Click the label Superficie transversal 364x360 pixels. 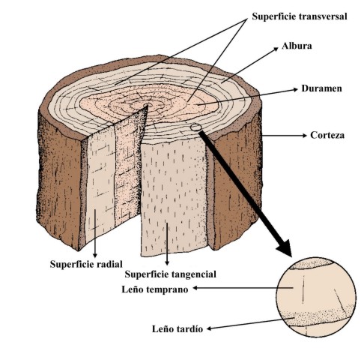[299, 16]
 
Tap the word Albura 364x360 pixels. [297, 46]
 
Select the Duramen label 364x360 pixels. [321, 88]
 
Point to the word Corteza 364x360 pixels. [327, 135]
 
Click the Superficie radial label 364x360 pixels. [86, 264]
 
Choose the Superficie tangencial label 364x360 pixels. [170, 274]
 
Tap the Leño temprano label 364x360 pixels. [155, 289]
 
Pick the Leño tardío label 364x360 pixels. [178, 328]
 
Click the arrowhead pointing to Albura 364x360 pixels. [276, 49]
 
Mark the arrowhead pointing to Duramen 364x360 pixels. [295, 89]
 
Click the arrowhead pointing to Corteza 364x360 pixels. [304, 136]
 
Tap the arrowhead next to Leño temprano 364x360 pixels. [195, 288]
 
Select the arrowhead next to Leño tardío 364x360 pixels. [210, 328]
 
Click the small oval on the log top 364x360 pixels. [196, 127]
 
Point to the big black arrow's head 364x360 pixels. [285, 248]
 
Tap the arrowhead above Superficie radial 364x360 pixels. [95, 255]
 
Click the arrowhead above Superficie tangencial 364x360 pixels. [167, 262]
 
